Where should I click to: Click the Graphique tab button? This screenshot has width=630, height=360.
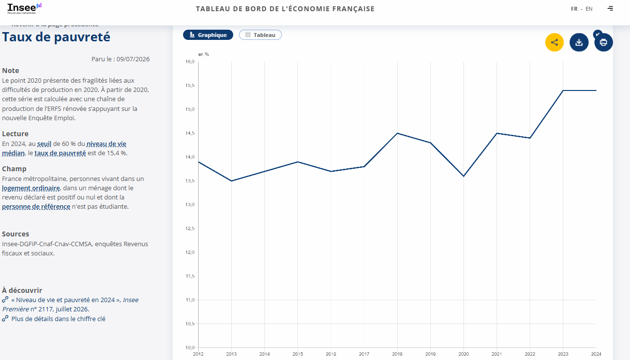[x=208, y=35]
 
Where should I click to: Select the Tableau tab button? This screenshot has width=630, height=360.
[x=260, y=35]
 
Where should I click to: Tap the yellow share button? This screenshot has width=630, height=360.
[x=555, y=42]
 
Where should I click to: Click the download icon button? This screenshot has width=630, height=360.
[x=579, y=42]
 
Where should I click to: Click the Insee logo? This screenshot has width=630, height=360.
[x=24, y=8]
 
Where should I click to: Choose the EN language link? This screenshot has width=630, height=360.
[x=589, y=9]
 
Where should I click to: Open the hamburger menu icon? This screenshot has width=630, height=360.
[x=610, y=8]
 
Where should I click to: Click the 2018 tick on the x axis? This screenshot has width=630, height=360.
[x=397, y=354]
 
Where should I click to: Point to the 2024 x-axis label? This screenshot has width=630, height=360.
[x=596, y=354]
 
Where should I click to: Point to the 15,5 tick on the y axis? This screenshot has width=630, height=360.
[x=190, y=86]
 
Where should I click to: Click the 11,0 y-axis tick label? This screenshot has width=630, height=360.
[x=190, y=300]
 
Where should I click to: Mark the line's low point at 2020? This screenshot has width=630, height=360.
[x=463, y=176]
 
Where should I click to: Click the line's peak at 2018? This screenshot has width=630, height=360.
[x=397, y=133]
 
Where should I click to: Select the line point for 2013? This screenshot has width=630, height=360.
[x=231, y=180]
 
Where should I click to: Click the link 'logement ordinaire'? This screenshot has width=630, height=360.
[x=31, y=188]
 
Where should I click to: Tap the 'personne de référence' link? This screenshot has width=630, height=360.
[x=36, y=207]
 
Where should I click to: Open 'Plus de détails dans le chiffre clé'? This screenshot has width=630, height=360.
[x=58, y=319]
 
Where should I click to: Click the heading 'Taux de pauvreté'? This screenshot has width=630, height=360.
[x=56, y=37]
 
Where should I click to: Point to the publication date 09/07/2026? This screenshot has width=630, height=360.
[x=133, y=59]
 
